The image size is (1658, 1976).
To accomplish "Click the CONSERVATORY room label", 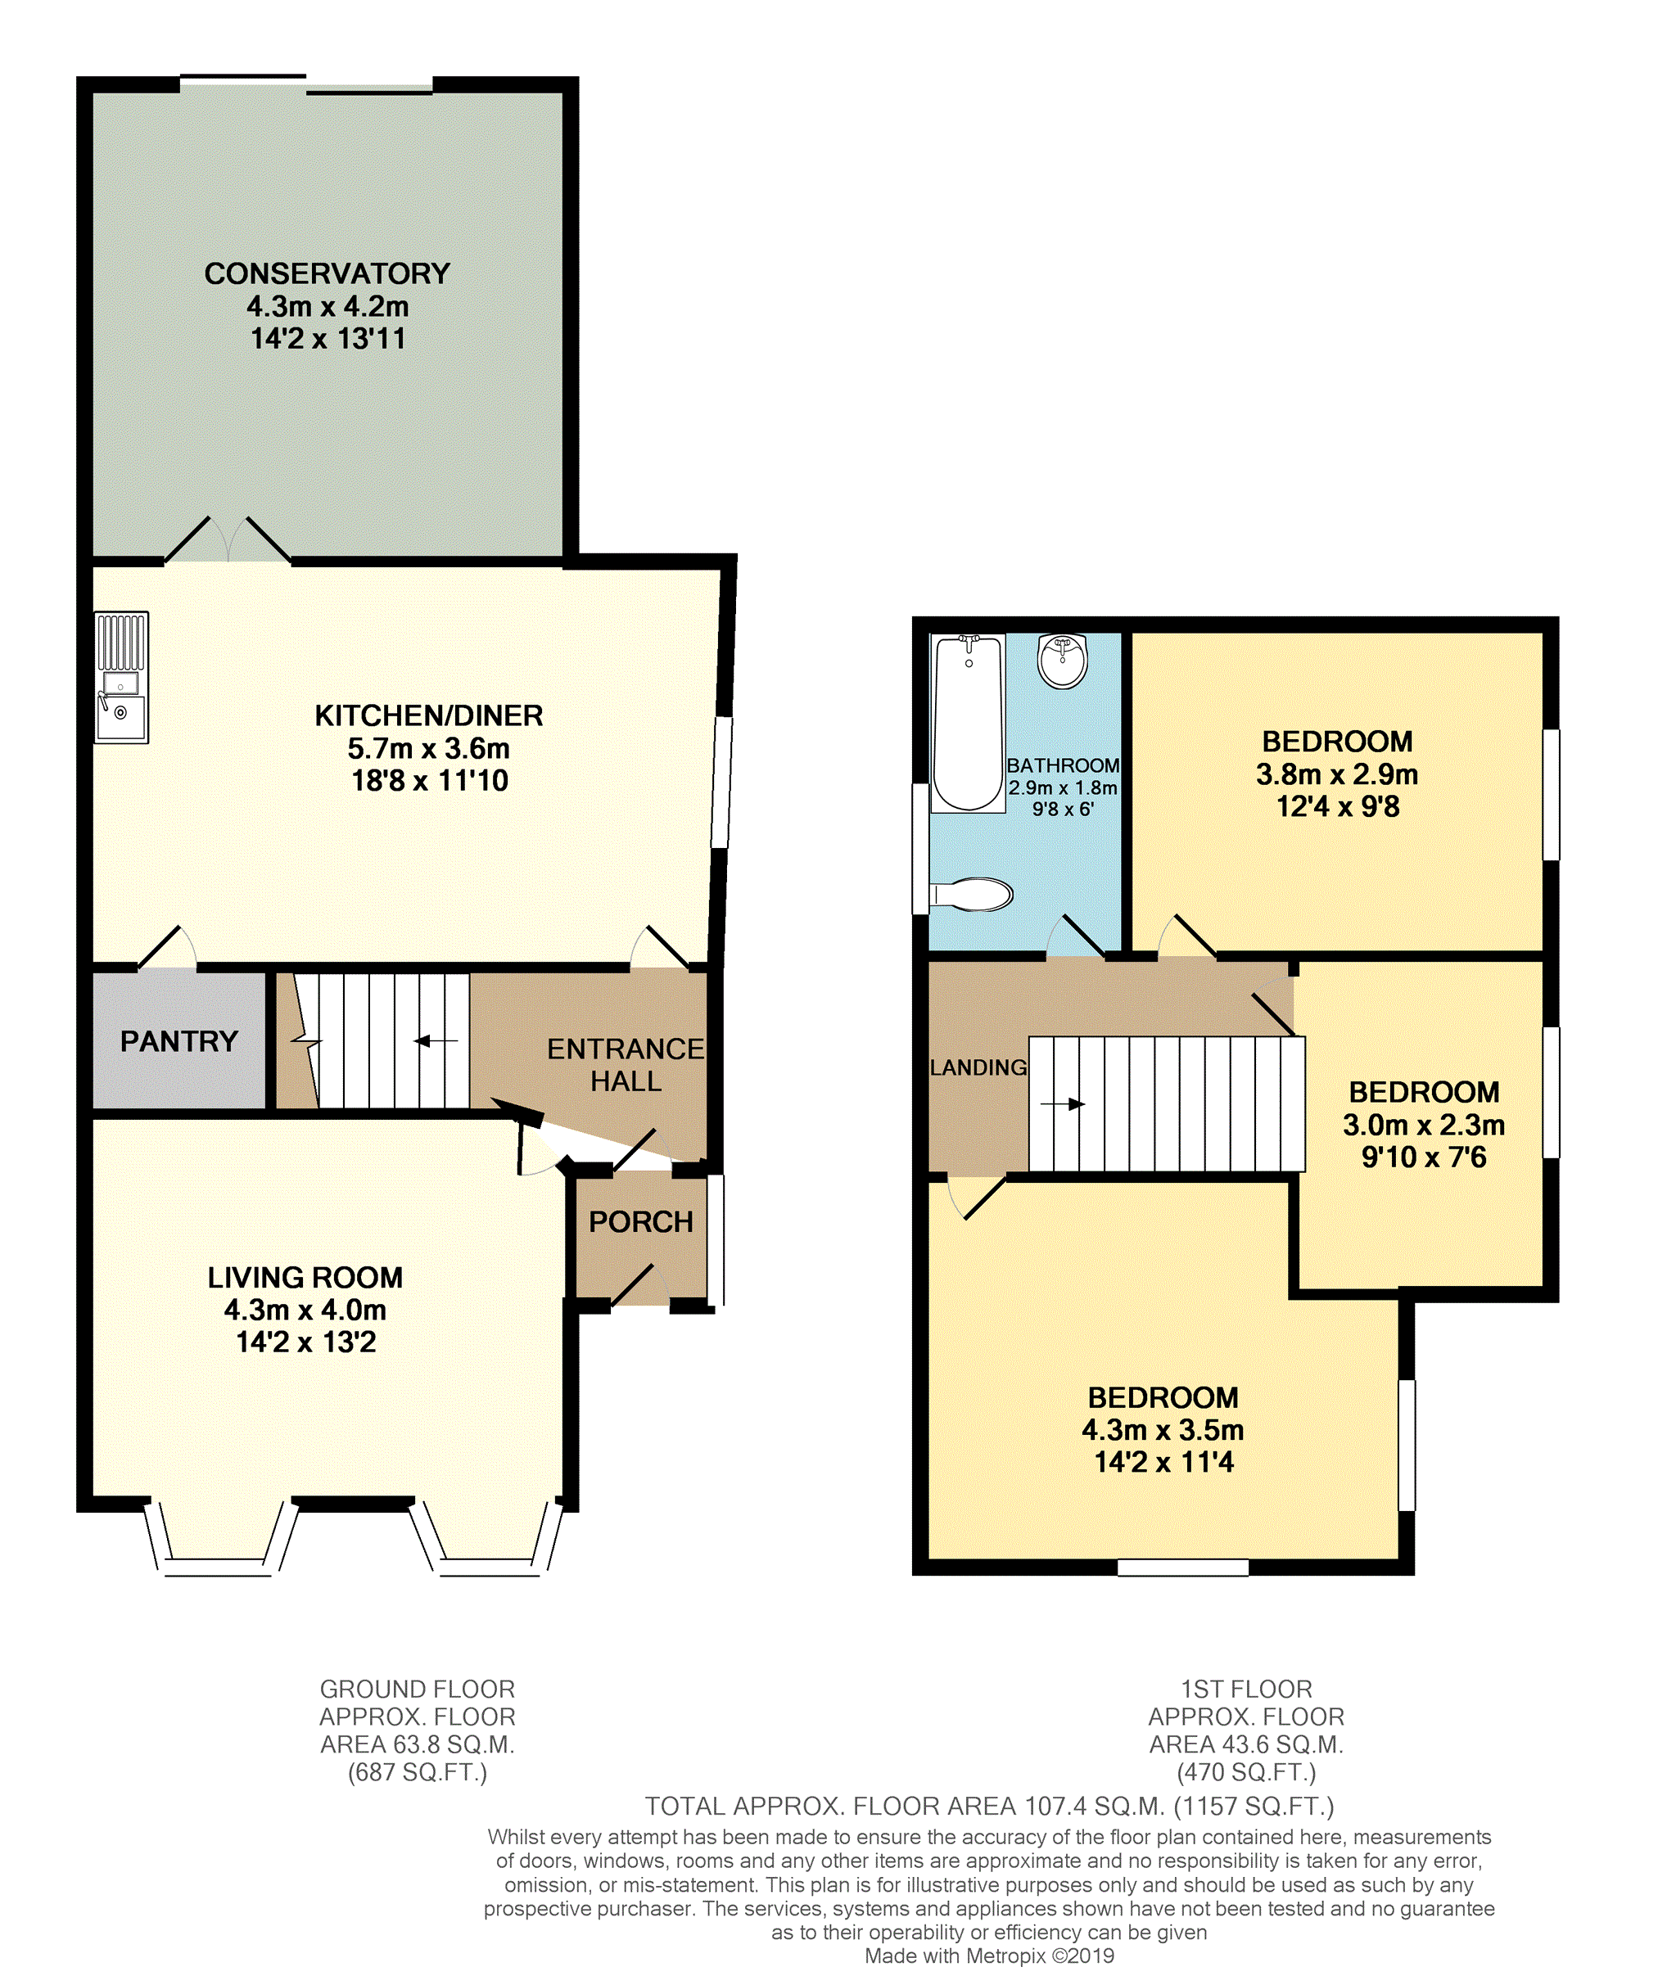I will (x=327, y=274).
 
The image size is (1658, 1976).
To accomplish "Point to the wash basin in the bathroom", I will (x=1063, y=660).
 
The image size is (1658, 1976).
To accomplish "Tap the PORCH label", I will (x=641, y=1221).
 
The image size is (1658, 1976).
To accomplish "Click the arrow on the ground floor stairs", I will (x=436, y=1040).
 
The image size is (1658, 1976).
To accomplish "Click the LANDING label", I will (x=978, y=1067).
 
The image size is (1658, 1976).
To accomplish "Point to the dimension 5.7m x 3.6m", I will (x=428, y=749).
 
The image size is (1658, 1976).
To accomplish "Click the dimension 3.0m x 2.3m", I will (x=1423, y=1125).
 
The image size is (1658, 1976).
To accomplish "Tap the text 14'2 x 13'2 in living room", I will (x=306, y=1342).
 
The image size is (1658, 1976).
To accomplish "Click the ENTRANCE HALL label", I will (x=626, y=1064).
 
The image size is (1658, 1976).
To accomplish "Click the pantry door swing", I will (x=169, y=949).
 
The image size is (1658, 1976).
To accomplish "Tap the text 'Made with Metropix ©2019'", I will (x=989, y=1956).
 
